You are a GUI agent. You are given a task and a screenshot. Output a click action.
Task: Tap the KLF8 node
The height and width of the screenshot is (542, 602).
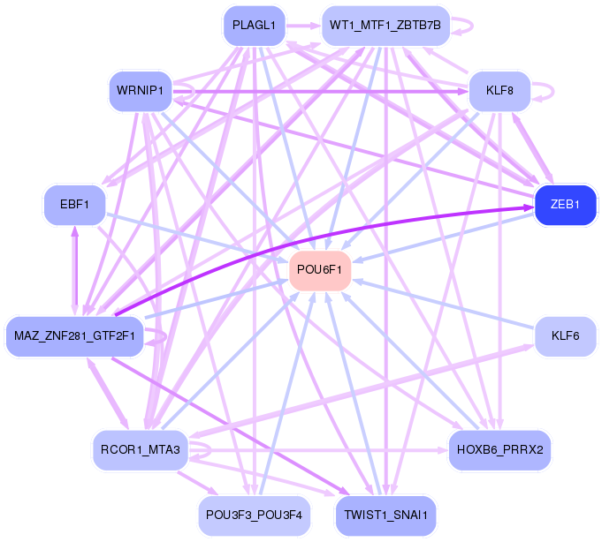coord(499,91)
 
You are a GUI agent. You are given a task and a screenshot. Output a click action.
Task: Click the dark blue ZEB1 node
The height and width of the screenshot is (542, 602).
coord(565,204)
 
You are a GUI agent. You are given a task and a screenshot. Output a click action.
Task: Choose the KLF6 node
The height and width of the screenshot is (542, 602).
coord(565,336)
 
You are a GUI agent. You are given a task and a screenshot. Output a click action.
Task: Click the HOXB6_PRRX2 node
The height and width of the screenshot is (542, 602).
coord(500,449)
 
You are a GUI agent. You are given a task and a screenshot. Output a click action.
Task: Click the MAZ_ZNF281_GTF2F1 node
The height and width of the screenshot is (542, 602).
coord(74,336)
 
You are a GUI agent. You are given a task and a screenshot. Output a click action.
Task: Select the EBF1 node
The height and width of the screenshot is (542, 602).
coord(74,205)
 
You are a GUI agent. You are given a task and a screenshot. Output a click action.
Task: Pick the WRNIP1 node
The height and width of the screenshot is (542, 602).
coord(140,91)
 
